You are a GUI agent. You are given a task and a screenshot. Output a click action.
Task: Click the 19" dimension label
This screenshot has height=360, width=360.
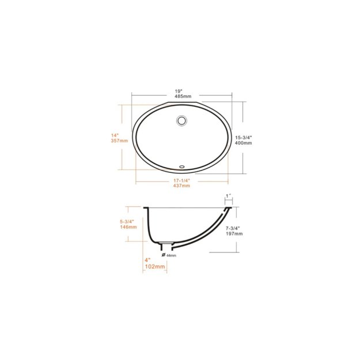(180, 90)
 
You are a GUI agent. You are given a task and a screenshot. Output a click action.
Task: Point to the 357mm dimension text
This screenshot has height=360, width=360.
(119, 141)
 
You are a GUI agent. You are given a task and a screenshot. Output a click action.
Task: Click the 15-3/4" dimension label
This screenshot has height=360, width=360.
(244, 137)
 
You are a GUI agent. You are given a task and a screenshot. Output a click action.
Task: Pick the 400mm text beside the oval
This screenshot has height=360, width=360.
(244, 143)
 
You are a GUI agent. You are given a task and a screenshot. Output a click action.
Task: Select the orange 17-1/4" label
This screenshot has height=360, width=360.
(181, 181)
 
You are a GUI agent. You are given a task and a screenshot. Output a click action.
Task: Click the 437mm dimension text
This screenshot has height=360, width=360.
(182, 187)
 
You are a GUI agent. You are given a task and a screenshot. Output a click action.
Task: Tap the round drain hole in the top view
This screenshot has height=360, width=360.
(181, 121)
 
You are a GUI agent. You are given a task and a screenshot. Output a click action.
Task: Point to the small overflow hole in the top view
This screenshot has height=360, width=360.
(182, 166)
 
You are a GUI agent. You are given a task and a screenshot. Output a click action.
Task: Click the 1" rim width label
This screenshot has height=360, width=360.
(229, 196)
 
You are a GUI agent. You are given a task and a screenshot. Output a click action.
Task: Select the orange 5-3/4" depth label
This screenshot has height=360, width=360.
(127, 221)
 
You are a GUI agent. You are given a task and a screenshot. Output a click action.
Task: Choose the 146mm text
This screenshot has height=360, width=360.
(128, 227)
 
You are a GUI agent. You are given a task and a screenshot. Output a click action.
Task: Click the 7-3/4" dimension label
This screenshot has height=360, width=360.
(234, 228)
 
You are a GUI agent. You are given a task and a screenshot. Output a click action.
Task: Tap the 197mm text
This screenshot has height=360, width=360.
(234, 234)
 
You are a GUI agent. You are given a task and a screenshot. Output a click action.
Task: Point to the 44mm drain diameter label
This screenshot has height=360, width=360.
(171, 255)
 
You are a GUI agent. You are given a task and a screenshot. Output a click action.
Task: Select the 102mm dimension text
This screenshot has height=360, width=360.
(156, 267)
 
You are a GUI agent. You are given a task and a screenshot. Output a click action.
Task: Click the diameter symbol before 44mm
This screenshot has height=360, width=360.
(164, 254)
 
